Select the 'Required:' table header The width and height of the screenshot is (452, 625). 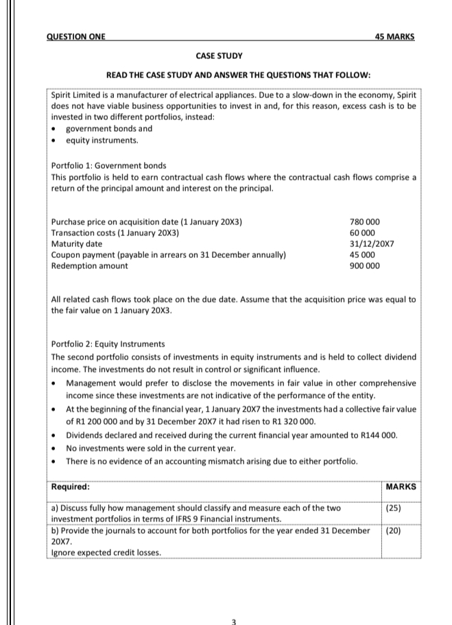71,486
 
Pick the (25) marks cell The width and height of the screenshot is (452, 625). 394,508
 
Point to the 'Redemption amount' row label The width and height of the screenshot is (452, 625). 89,266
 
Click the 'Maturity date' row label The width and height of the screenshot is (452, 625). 77,244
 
